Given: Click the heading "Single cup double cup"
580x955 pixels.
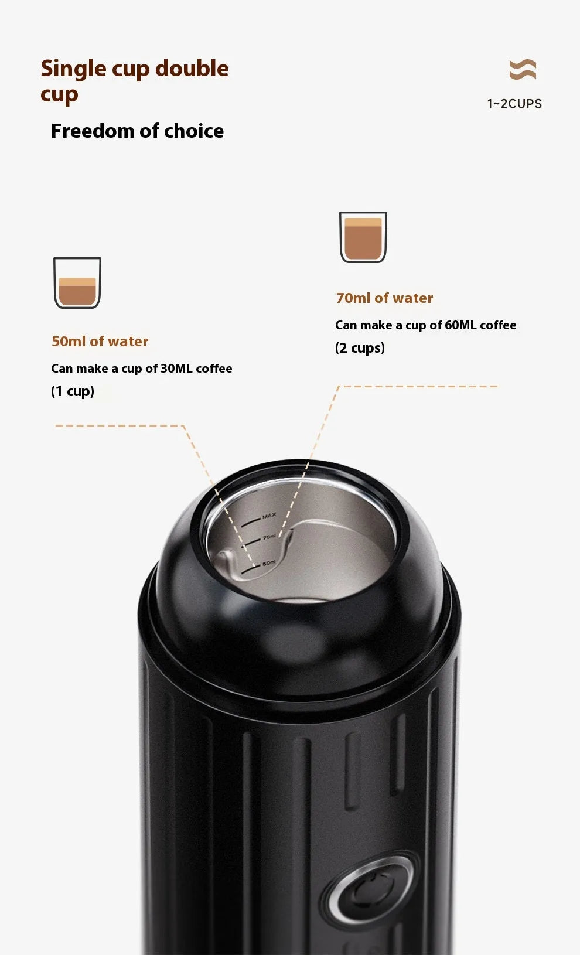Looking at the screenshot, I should click(x=134, y=80).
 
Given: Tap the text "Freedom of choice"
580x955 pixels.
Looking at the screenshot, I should click(x=137, y=131).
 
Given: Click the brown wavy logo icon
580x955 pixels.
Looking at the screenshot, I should click(x=523, y=69).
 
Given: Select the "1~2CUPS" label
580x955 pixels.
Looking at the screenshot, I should click(x=514, y=104).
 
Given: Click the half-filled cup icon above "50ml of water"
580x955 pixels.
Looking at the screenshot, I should click(x=77, y=282).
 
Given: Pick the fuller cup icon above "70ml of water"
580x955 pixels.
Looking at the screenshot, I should click(x=363, y=237).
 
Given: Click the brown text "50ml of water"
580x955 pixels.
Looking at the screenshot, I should click(x=100, y=342).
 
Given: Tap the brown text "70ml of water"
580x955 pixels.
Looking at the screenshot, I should click(x=384, y=298).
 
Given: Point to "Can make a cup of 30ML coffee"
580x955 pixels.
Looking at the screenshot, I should click(x=141, y=369).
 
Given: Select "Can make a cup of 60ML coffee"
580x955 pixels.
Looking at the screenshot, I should click(x=425, y=325).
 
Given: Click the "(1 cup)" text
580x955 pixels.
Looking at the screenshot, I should click(x=73, y=391).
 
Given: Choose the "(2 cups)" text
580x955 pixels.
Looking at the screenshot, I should click(x=360, y=348).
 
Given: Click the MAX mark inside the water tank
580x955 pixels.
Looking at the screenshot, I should click(x=269, y=516).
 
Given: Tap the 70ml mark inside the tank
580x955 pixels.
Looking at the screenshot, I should click(x=269, y=537).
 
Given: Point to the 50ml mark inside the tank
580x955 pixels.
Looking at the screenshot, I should click(x=268, y=563).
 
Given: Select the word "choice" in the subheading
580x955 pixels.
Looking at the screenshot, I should click(x=194, y=131).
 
